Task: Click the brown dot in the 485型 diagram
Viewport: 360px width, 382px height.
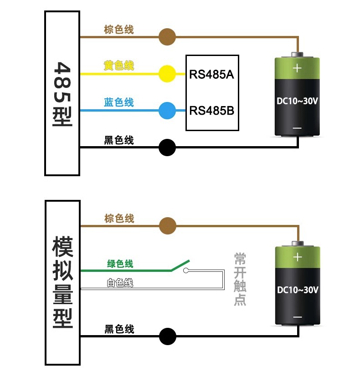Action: [x=167, y=37]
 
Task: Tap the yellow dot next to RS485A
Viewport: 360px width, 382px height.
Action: [x=167, y=73]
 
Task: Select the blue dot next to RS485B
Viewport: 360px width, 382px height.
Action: [x=167, y=110]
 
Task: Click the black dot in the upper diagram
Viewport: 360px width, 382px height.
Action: [x=167, y=147]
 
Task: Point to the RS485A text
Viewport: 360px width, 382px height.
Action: [x=211, y=74]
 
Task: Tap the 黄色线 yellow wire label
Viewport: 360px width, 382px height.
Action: [x=119, y=66]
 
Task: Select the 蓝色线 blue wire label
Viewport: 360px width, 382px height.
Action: [x=119, y=102]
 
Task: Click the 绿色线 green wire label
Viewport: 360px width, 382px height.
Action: [x=120, y=264]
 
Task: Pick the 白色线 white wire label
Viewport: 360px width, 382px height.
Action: [x=120, y=283]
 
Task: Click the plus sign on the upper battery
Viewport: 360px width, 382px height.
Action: [x=297, y=68]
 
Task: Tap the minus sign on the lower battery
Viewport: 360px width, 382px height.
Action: [x=297, y=317]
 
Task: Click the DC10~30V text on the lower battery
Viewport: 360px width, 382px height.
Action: [x=297, y=290]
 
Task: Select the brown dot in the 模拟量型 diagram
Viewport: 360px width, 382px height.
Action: [x=167, y=225]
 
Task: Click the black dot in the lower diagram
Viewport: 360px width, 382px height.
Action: [x=167, y=336]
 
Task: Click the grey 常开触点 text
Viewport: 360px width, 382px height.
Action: [x=240, y=279]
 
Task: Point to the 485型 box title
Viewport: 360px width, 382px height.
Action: [x=62, y=93]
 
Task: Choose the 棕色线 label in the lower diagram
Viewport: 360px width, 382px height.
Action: [x=119, y=219]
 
